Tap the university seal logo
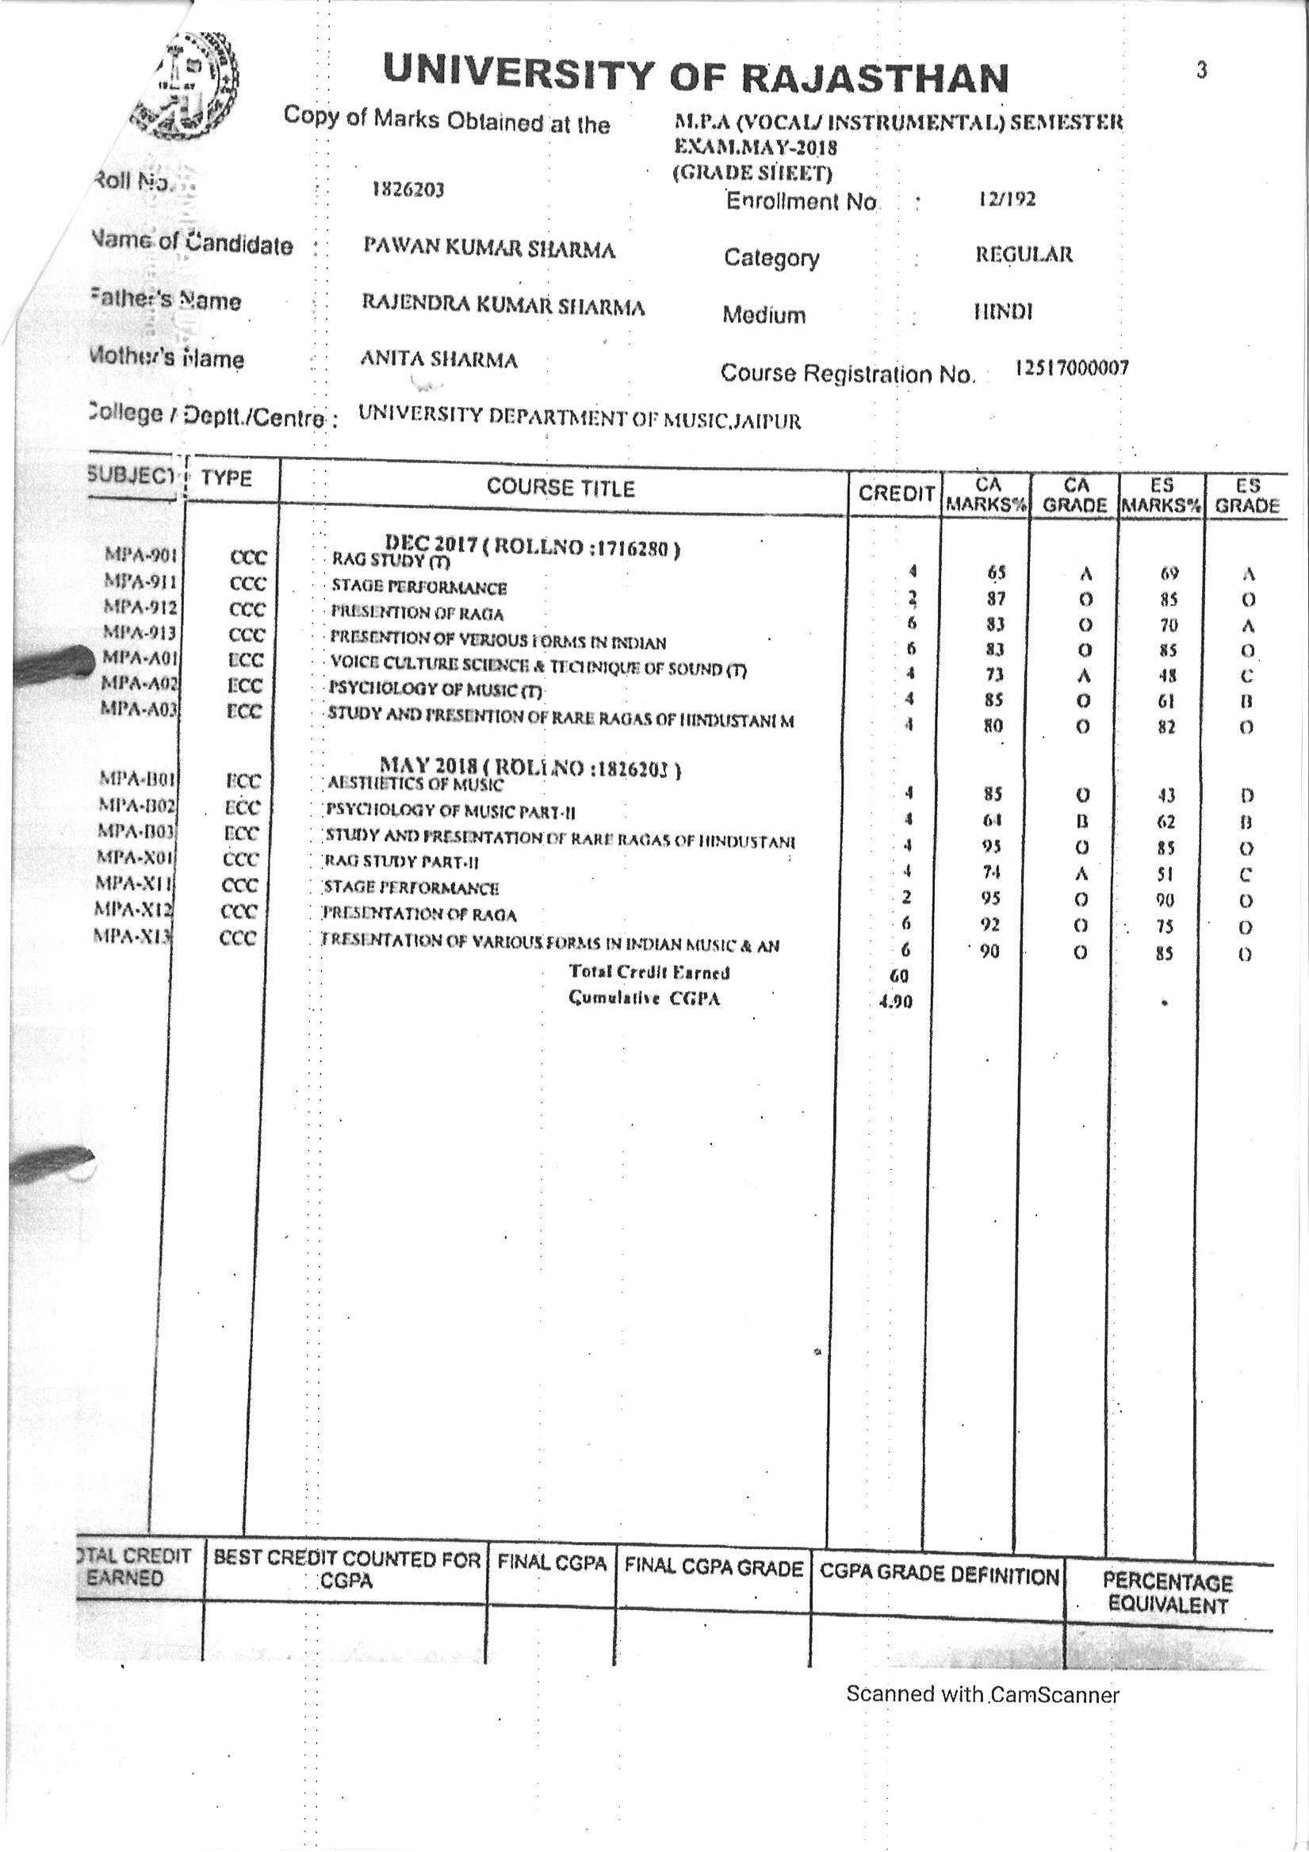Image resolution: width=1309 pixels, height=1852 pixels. tap(190, 84)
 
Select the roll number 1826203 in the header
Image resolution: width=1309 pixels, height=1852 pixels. tap(408, 190)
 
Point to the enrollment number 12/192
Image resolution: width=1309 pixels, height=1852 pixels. tap(1006, 199)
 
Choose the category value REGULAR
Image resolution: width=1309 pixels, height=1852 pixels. tap(1024, 255)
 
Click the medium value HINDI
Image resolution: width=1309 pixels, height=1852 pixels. tap(1003, 312)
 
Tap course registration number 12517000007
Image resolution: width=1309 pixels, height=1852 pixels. tap(1072, 368)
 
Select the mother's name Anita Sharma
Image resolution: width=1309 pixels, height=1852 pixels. tap(438, 359)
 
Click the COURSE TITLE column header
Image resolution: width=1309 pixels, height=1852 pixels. tap(561, 488)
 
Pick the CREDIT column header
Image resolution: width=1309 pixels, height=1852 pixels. tap(895, 493)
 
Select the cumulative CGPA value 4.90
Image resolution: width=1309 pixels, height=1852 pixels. tap(895, 1003)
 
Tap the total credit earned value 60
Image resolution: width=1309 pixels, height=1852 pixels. tap(898, 976)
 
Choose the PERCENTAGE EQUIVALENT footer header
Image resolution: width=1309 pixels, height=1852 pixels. tap(1167, 1593)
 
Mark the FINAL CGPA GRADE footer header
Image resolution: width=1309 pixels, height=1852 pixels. tap(713, 1568)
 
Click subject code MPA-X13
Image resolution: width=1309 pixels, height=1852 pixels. tap(134, 936)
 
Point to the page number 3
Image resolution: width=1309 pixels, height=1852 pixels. tap(1201, 71)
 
